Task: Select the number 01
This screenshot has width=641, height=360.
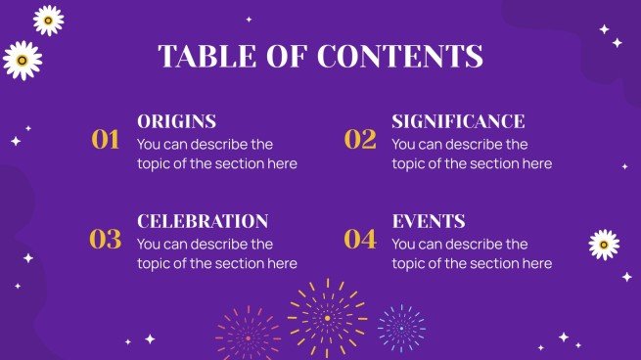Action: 105,140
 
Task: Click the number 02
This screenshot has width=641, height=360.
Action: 360,140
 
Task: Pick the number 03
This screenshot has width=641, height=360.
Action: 105,239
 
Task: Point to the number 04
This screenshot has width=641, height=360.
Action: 360,239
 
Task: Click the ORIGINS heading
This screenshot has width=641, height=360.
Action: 176,122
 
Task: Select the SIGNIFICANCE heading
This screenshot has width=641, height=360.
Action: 458,122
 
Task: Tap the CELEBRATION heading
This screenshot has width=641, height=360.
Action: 203,222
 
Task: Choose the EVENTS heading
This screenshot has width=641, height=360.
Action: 428,222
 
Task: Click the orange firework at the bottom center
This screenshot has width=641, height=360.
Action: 327,317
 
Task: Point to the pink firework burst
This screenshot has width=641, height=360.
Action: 248,335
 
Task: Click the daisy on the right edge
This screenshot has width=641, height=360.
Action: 604,245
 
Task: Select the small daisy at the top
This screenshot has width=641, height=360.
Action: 48,20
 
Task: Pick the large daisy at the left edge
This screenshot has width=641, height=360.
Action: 22,61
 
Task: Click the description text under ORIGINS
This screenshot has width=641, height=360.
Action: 216,155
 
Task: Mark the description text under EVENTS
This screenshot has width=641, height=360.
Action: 472,253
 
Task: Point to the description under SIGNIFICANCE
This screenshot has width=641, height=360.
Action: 472,155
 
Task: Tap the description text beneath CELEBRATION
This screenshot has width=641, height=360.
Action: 216,253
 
